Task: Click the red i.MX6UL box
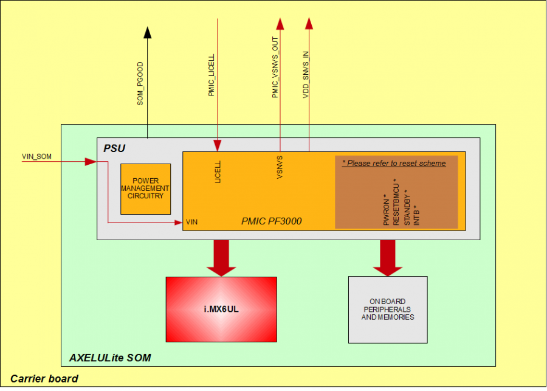pos(221,309)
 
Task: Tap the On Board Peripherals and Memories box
pos(387,310)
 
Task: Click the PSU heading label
pos(115,148)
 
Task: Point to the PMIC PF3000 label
pos(271,221)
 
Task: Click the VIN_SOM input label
pos(37,156)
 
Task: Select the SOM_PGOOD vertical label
pos(140,83)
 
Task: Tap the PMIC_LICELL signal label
pos(212,75)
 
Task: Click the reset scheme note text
pos(394,163)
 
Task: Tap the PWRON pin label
pos(387,212)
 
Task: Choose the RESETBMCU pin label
pos(396,202)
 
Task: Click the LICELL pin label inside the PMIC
pos(218,172)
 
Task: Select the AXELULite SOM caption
pos(110,358)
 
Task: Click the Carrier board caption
pos(44,379)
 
